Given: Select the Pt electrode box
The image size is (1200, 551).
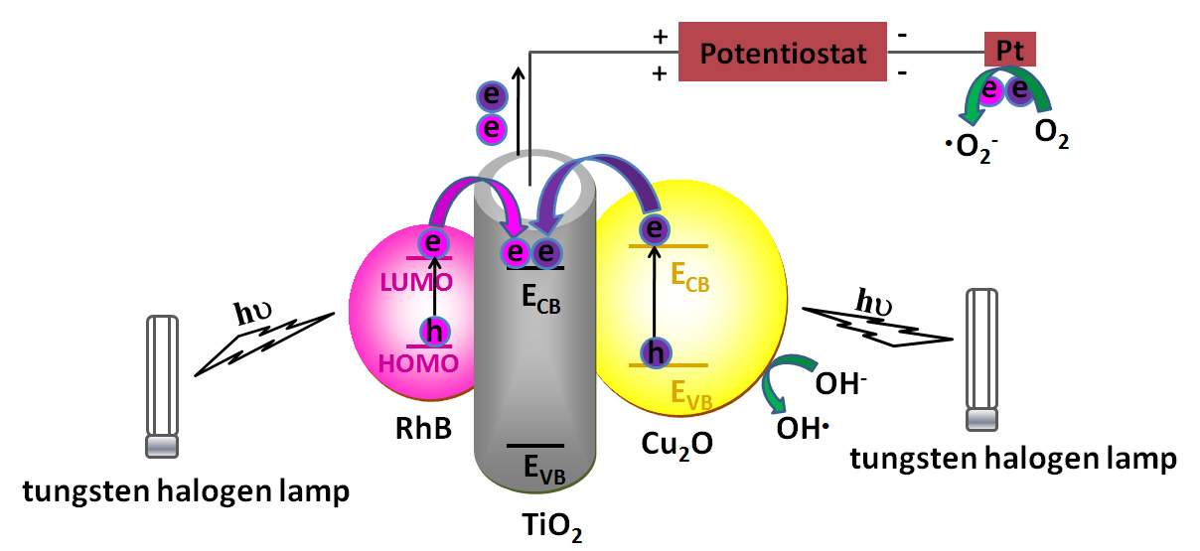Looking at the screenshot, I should (1009, 49).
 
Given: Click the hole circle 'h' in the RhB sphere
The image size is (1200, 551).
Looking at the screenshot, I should (433, 332).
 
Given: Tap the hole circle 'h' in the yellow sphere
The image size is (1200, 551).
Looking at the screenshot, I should (653, 350).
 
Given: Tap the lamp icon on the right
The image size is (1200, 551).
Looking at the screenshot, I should (981, 359).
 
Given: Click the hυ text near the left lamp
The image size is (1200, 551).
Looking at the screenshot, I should (253, 313).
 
